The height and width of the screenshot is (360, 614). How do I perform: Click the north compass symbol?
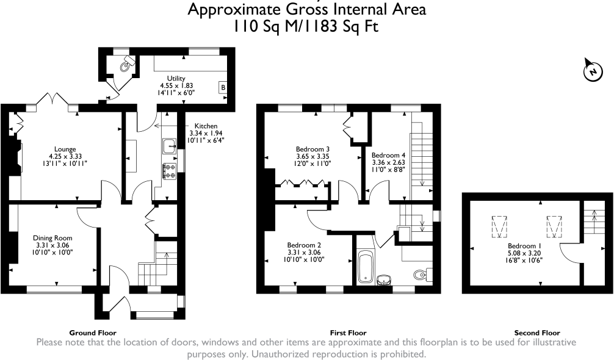coord(591,71)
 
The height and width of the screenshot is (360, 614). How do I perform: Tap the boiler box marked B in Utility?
coord(223,88)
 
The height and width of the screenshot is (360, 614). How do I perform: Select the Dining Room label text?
coord(54,238)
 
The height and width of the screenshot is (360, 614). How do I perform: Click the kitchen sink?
coord(169,146)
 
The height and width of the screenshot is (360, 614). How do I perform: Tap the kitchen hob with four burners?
coord(169,171)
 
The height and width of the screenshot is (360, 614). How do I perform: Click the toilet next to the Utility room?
coord(126,65)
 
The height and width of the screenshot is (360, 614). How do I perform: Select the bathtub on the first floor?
coord(366,268)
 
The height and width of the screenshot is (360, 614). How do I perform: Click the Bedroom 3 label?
coord(313,149)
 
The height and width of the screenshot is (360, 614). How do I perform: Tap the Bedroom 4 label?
coord(388,155)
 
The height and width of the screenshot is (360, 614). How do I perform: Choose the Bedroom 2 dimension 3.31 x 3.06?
coord(305,252)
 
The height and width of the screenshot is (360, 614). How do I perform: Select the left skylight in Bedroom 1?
coord(499,226)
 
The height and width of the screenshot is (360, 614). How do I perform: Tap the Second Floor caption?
coord(537,333)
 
